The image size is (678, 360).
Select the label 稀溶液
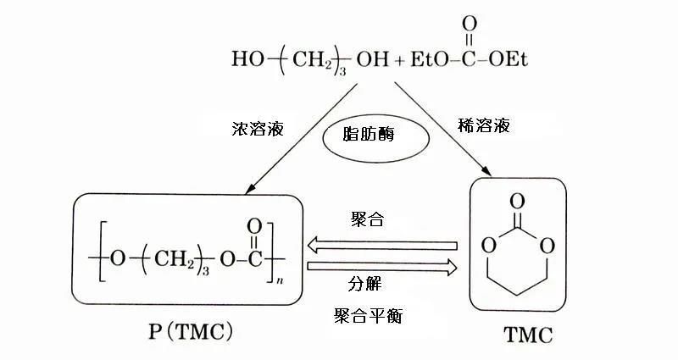point(464,126)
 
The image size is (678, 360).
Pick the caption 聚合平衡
point(369,317)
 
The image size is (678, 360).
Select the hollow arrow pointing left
point(382,246)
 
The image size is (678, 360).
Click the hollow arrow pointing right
point(382,268)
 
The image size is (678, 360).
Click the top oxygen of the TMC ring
point(516,202)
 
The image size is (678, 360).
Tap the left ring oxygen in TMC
point(487,247)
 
